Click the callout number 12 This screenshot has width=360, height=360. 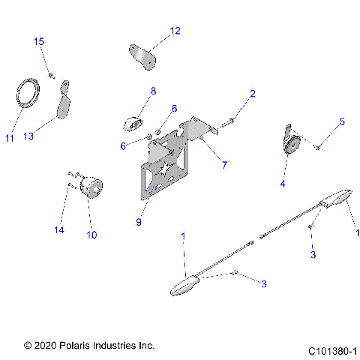click(175, 31)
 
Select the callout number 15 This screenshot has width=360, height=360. click(39, 41)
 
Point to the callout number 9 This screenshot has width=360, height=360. click(139, 223)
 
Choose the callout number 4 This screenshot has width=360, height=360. click(283, 182)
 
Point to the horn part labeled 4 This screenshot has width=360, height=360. click(291, 142)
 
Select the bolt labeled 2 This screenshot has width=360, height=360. click(229, 119)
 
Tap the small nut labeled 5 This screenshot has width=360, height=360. click(316, 148)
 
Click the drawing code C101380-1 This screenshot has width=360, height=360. click(332, 350)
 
